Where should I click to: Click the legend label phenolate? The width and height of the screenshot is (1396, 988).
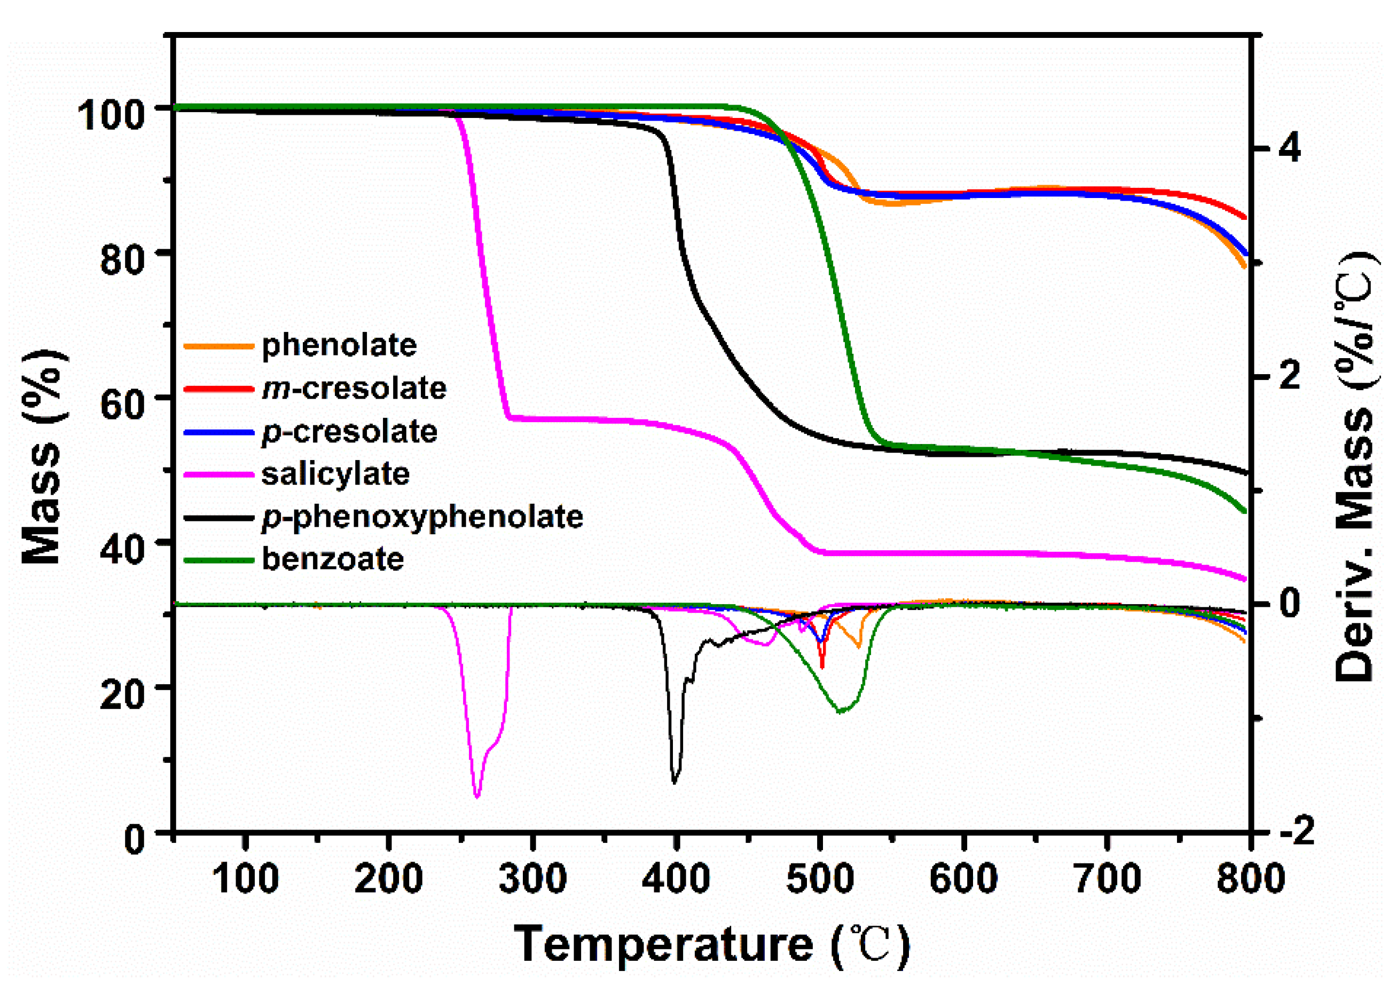point(339,345)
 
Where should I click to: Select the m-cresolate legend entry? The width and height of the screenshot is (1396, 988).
point(354,388)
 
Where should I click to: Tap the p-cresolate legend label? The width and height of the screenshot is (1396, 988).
point(349,432)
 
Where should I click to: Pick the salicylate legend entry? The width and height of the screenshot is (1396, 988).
point(335,474)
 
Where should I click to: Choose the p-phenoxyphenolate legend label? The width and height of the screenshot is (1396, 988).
point(422,517)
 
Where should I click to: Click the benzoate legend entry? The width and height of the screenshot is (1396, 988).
point(332,559)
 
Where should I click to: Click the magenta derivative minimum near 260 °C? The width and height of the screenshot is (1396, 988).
point(476,796)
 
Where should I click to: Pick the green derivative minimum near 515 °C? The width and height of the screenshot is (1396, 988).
point(841,712)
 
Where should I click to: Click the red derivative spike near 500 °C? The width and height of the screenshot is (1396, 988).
point(822,667)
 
